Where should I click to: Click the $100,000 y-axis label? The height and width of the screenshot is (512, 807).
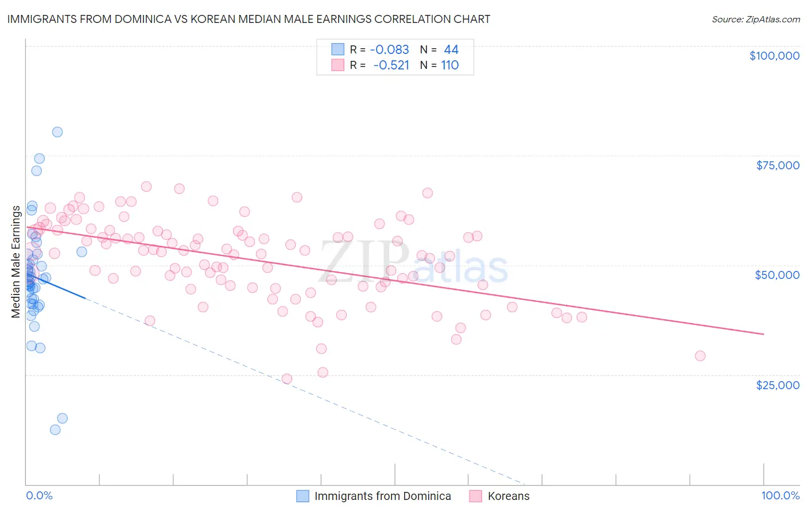point(774,56)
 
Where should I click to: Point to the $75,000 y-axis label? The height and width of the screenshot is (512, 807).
point(778,165)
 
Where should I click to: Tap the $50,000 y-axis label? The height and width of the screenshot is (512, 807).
point(777,275)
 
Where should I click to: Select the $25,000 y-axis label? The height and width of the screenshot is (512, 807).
point(778,385)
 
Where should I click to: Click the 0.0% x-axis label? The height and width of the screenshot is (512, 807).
point(39,495)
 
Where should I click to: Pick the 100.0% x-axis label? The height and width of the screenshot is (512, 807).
point(781,495)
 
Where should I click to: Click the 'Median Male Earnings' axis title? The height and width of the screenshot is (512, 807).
point(16,261)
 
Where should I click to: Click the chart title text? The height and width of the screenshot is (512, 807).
point(249,19)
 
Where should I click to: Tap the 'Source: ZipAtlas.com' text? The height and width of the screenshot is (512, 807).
point(755,19)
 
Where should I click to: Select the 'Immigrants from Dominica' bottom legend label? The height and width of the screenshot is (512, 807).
point(382,496)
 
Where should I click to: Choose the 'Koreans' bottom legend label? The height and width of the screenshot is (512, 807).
point(509,496)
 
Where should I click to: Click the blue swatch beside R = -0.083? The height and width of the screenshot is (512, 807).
point(337,49)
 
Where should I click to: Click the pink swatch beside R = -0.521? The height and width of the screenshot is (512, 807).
point(337,65)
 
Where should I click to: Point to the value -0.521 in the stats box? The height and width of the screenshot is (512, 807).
point(391,65)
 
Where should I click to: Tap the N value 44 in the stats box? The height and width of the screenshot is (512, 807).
point(451,49)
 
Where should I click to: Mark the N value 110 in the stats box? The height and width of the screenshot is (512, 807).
point(450,65)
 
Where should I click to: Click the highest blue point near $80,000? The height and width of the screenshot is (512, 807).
point(57,132)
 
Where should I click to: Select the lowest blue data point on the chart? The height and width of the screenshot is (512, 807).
point(55,430)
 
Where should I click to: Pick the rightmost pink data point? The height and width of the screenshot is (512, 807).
point(700,356)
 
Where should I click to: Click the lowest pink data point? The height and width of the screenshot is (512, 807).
point(287,379)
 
